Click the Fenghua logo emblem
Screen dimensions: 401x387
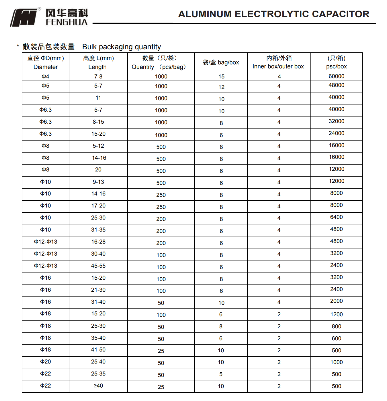[x=24, y=18]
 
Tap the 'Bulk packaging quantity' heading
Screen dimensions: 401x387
[x=122, y=47]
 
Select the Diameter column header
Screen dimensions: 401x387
[x=46, y=62]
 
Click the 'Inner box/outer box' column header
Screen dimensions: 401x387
[x=278, y=62]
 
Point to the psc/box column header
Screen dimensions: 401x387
[x=336, y=62]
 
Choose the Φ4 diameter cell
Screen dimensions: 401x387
[x=46, y=76]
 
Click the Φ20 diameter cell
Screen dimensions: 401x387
[x=46, y=362]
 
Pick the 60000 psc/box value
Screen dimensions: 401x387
[x=336, y=76]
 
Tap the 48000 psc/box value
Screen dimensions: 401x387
[x=336, y=85]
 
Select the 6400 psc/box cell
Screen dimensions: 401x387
[x=336, y=217]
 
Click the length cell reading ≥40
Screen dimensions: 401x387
[x=98, y=386]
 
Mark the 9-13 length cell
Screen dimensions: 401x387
[x=98, y=182]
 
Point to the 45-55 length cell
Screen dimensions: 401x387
[x=98, y=266]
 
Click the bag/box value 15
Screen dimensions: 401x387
[x=221, y=77]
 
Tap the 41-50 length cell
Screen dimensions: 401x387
[x=98, y=350]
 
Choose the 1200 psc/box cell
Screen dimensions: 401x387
[x=336, y=315]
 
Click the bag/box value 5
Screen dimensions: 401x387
[x=221, y=374]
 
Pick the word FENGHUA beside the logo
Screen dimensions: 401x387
[x=67, y=22]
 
